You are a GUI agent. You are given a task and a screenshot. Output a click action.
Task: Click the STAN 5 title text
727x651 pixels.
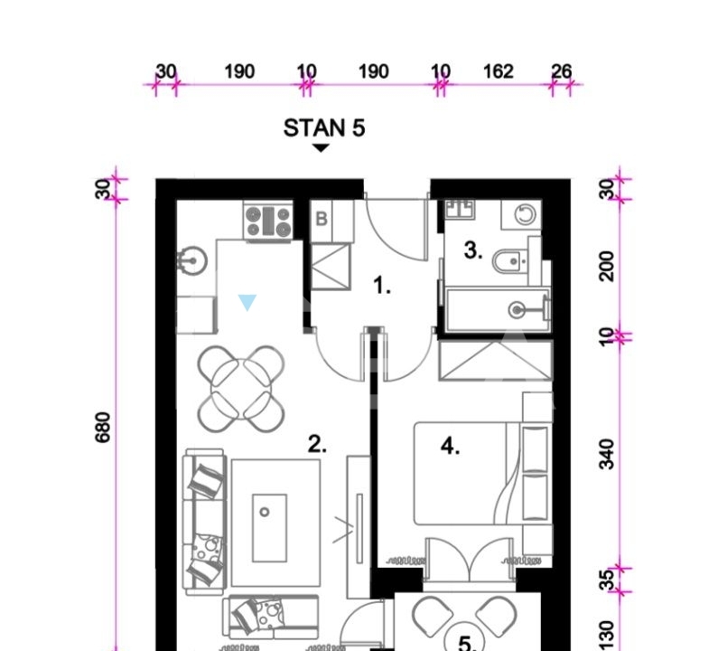coord(324,128)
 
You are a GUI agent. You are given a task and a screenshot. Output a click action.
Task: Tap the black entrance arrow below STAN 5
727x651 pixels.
coord(321,148)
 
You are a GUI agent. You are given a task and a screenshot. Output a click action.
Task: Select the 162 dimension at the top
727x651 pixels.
coord(499,71)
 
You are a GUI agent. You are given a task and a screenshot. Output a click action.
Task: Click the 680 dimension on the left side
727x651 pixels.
coord(102,427)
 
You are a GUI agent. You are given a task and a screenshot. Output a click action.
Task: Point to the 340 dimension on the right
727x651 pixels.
coord(607,455)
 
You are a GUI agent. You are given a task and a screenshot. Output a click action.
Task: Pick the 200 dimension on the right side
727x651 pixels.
coord(607,267)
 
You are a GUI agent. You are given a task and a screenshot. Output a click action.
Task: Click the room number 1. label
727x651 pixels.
coord(382,285)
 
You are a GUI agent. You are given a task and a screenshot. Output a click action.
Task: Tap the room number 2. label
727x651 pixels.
coord(317,444)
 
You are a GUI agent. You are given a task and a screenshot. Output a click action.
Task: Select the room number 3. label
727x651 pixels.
coord(473,250)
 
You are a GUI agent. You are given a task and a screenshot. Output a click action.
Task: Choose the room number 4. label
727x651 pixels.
coord(450,447)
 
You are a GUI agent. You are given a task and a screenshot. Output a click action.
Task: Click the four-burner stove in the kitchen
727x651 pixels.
coord(268,221)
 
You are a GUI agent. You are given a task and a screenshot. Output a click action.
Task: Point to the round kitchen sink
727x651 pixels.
coord(191,260)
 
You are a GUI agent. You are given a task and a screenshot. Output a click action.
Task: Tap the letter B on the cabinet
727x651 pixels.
coord(322,219)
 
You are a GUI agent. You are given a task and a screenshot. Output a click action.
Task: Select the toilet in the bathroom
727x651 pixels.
coord(510,262)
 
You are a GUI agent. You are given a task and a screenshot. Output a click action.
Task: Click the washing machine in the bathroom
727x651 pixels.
coord(521,215)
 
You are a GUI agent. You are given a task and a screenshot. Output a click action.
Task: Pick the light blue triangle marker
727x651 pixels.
coord(247,302)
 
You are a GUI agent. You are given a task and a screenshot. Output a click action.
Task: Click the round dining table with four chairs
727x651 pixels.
coord(240,389)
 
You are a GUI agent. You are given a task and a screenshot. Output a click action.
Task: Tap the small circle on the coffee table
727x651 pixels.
coord(265,512)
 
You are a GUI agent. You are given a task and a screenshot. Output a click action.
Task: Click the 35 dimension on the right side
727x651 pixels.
coord(607,580)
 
